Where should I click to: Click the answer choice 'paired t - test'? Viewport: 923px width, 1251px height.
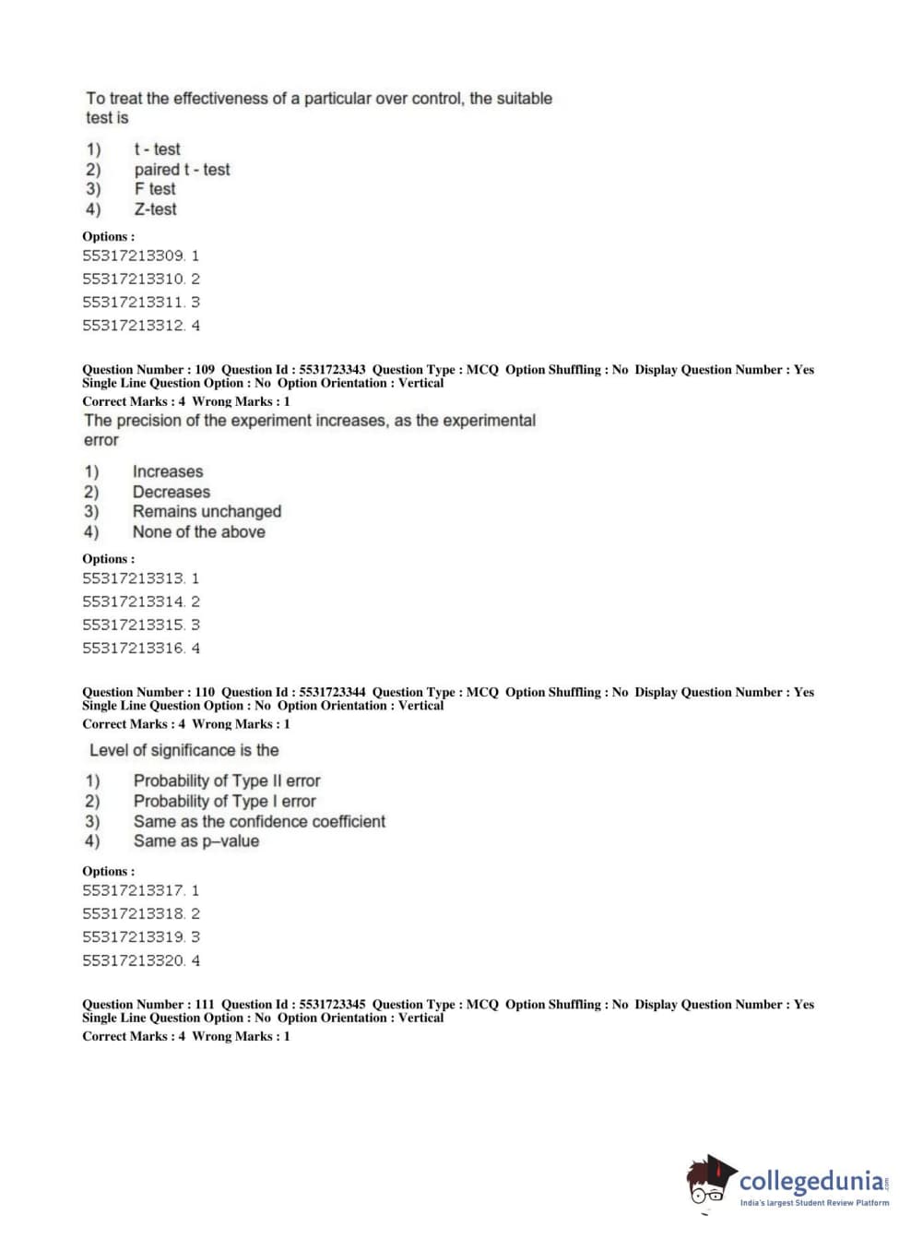pos(182,170)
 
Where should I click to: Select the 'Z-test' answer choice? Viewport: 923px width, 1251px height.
pos(155,209)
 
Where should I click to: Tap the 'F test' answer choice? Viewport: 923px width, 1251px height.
pos(155,189)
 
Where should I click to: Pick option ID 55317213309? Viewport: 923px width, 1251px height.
pos(140,256)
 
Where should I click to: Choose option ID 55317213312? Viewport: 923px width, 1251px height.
pos(140,326)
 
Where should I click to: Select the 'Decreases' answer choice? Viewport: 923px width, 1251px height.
pos(171,493)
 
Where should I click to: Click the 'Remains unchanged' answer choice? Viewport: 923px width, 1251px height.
pos(207,512)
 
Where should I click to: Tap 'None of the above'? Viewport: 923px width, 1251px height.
pos(198,532)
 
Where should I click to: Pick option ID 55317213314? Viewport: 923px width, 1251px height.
pos(140,602)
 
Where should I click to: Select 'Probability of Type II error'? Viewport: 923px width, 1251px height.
pos(226,781)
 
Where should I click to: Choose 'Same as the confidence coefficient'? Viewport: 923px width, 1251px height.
pos(259,822)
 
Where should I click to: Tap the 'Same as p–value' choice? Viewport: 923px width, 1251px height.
pos(195,841)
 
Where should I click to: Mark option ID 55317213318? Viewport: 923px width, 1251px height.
pos(140,914)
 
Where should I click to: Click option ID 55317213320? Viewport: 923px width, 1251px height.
pos(140,960)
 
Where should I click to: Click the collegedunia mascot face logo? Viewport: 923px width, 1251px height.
pos(710,1181)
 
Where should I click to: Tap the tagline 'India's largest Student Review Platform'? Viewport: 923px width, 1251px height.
pos(814,1203)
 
